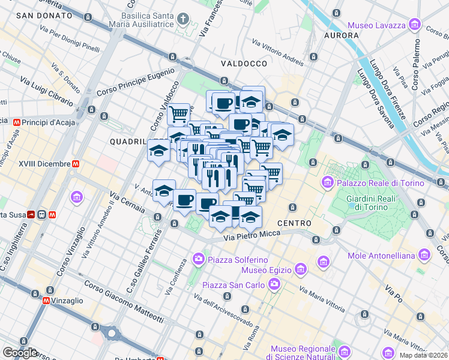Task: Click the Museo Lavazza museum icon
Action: click(414, 25)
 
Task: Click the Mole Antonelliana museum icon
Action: click(424, 256)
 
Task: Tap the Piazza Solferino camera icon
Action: click(198, 259)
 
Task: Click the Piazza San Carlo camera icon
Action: click(274, 284)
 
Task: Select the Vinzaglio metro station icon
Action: click(46, 301)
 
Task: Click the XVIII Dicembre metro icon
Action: click(76, 163)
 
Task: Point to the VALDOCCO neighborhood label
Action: click(243, 63)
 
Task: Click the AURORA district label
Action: click(341, 35)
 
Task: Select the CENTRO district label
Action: click(294, 223)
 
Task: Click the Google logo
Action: click(20, 353)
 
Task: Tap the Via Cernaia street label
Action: click(127, 203)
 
